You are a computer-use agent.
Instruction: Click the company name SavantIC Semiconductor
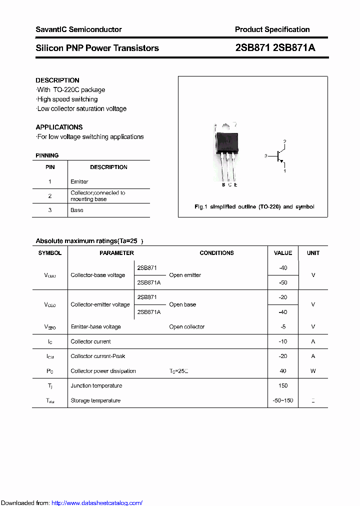(x=78, y=29)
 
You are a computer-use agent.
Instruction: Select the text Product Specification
(x=272, y=29)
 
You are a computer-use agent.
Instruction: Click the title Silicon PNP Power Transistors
(x=97, y=48)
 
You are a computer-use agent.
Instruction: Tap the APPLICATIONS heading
(x=59, y=127)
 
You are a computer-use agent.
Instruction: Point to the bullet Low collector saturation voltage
(x=81, y=108)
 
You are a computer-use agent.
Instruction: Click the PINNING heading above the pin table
(x=47, y=155)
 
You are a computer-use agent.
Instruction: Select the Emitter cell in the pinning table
(x=79, y=181)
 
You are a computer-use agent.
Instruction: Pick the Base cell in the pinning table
(x=77, y=210)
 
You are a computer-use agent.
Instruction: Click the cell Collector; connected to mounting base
(x=98, y=195)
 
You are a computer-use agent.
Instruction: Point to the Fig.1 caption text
(x=254, y=206)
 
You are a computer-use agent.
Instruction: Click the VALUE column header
(x=283, y=253)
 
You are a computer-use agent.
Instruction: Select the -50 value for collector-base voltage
(x=283, y=282)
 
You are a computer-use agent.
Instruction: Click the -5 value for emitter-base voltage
(x=283, y=326)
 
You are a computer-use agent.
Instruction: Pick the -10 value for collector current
(x=283, y=341)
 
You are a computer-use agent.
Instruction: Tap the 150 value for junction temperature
(x=283, y=385)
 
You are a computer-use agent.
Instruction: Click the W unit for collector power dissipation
(x=313, y=371)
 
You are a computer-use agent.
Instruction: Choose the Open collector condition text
(x=187, y=326)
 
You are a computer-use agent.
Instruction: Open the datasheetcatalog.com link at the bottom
(x=97, y=503)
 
